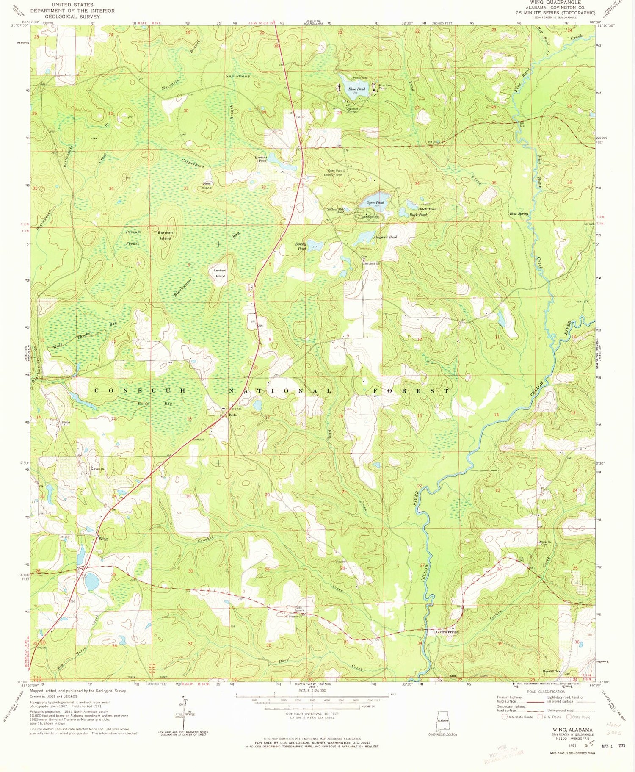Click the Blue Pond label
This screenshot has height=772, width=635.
[x=356, y=89]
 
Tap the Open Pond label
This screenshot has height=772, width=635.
[x=375, y=202]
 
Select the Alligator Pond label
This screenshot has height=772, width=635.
[x=384, y=237]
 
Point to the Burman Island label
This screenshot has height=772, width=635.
[x=165, y=235]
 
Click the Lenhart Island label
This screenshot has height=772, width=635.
[x=221, y=273]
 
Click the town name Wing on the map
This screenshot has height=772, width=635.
[x=103, y=539]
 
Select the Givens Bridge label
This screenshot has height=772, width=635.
[x=447, y=632]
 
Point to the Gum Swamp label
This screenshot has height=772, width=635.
[x=237, y=76]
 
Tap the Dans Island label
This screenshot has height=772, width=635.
[x=207, y=185]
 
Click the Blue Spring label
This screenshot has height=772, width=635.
[x=519, y=214]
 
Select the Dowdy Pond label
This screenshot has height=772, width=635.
[x=301, y=246]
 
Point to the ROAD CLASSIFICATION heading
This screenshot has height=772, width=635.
[x=546, y=692]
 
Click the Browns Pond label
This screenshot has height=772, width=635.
[x=260, y=159]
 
